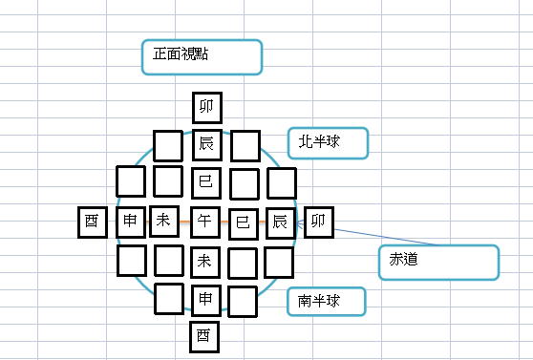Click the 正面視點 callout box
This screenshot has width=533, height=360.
202,56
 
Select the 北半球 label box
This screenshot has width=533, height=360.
327,143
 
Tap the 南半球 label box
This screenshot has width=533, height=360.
327,301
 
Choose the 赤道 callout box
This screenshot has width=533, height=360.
438,262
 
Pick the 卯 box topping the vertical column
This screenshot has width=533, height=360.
205,108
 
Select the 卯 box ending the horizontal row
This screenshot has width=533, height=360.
319,222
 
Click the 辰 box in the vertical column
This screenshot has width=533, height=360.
205,145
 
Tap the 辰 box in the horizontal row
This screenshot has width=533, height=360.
280,222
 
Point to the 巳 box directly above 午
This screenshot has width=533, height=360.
205,181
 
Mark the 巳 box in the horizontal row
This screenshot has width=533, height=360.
243,222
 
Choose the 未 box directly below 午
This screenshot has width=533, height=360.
205,260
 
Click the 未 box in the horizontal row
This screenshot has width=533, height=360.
163,222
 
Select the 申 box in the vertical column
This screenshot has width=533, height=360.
205,299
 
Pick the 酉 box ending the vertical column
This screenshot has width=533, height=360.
203,336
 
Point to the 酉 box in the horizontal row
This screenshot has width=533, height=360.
92,222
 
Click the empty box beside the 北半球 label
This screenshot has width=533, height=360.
245,146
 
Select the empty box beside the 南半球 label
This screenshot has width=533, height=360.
243,301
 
